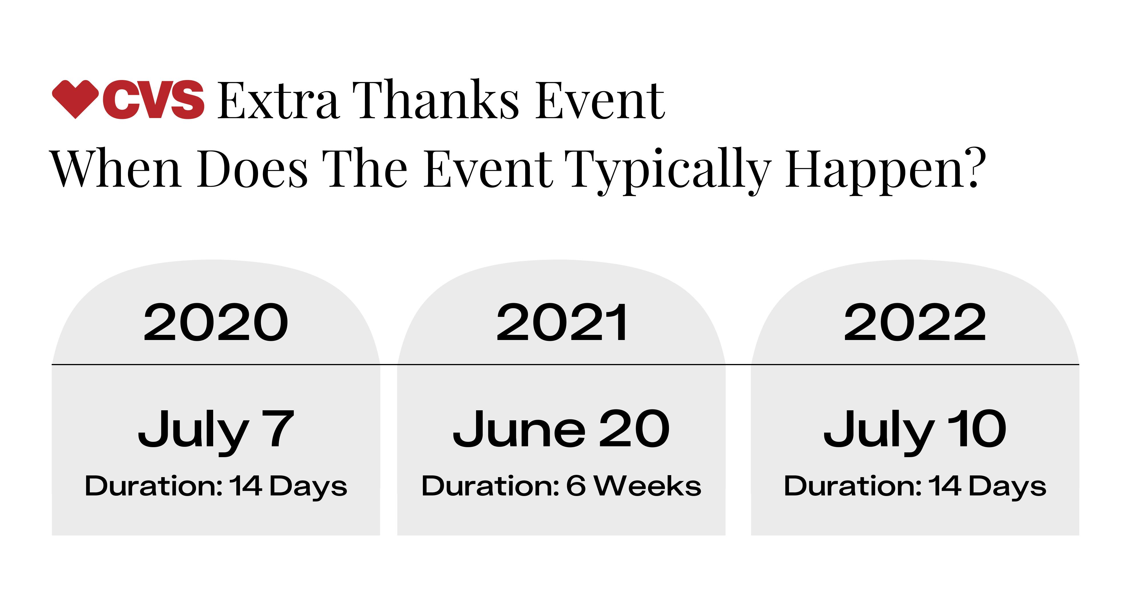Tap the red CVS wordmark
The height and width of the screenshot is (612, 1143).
click(153, 99)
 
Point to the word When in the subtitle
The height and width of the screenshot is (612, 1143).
click(115, 169)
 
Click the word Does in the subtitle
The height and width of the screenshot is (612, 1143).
click(252, 169)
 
